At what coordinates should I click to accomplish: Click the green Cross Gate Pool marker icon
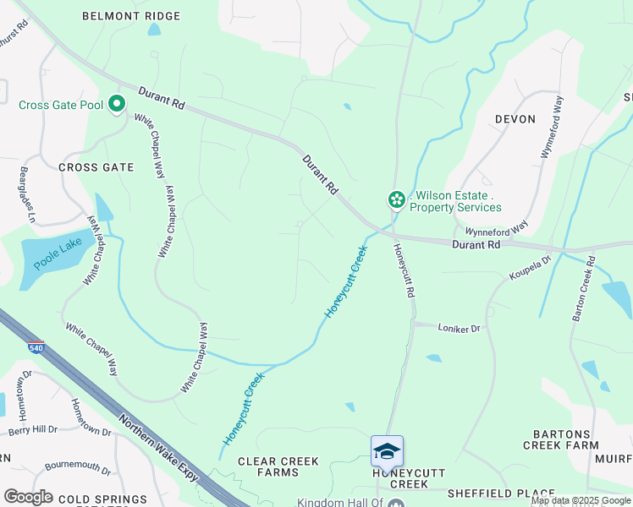pyautogui.click(x=116, y=105)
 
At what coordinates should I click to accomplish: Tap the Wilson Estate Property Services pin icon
pyautogui.click(x=395, y=199)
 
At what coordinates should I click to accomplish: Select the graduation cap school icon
pyautogui.click(x=387, y=451)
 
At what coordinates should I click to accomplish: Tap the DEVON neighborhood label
pyautogui.click(x=515, y=119)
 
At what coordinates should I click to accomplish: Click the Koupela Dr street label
pyautogui.click(x=530, y=269)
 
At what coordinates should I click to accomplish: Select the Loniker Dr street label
pyautogui.click(x=458, y=328)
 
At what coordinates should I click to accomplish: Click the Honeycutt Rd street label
pyautogui.click(x=404, y=270)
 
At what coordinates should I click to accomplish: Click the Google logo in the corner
pyautogui.click(x=28, y=497)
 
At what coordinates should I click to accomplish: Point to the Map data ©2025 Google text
pyautogui.click(x=581, y=500)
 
